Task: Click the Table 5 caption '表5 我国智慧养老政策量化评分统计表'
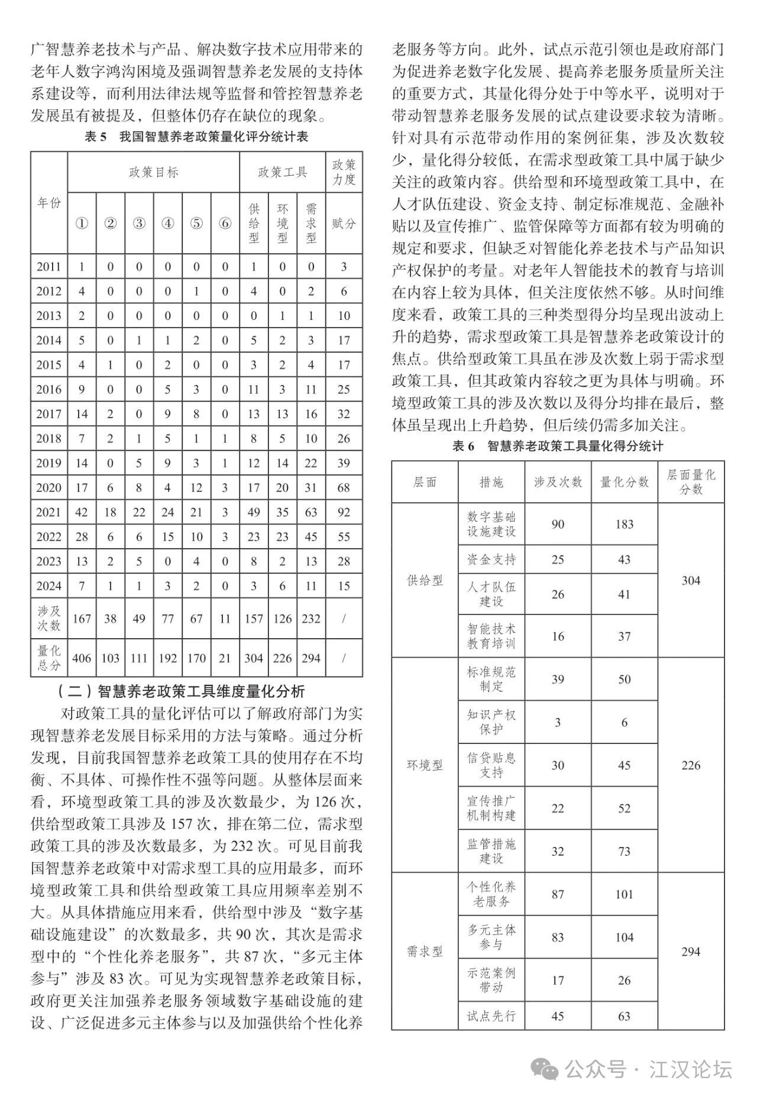196,137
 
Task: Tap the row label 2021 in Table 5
48,512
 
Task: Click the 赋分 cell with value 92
344,512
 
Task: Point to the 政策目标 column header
153,172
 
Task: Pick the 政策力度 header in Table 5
344,172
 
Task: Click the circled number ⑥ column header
225,224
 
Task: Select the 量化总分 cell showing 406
82,658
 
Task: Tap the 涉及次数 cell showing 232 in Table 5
311,619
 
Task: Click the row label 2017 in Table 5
48,414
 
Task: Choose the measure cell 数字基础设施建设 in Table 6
491,524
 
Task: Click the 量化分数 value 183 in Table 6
624,524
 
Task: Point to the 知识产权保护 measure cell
491,722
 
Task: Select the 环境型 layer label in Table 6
425,765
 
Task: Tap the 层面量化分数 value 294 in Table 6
690,952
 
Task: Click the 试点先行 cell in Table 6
491,1016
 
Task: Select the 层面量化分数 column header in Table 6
691,481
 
